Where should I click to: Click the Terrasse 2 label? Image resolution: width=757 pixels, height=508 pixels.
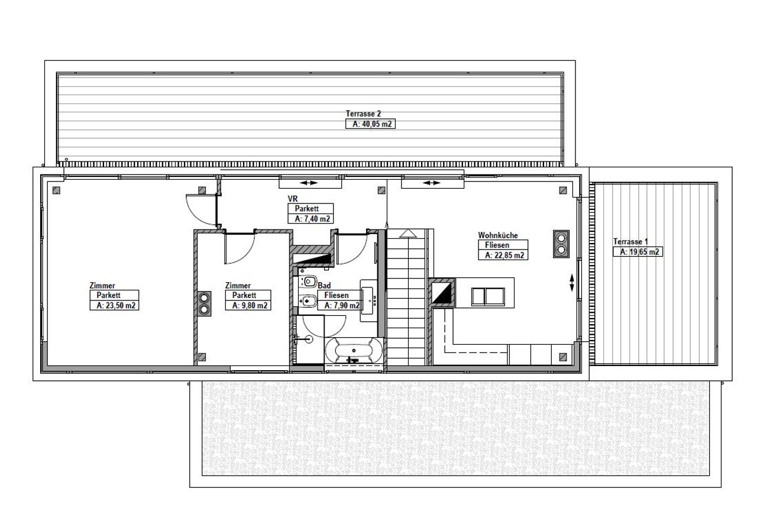tap(363, 114)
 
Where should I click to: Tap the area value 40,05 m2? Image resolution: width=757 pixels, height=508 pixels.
tap(372, 124)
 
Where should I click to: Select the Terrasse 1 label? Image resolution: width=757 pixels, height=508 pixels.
tap(630, 241)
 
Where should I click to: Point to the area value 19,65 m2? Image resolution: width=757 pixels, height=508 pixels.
tap(639, 252)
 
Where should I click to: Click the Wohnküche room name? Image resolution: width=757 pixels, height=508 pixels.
tap(497, 235)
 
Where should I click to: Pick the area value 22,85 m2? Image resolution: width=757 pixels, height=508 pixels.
tap(504, 255)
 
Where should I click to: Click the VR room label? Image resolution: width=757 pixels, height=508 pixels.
tap(293, 198)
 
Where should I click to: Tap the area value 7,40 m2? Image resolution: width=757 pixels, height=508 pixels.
tap(312, 219)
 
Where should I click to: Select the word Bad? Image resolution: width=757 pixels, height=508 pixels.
tap(324, 285)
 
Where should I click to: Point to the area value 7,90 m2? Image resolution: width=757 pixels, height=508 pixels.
tap(342, 306)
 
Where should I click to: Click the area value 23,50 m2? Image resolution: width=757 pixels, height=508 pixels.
tap(115, 306)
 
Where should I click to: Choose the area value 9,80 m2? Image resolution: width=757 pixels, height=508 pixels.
tap(250, 306)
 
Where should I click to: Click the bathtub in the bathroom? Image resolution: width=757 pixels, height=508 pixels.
tap(354, 351)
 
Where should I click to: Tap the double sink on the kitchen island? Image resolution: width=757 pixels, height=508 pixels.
tap(488, 297)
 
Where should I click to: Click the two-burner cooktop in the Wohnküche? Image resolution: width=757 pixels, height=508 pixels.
tap(561, 244)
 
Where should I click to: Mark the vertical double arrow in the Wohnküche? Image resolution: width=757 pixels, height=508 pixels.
tap(571, 283)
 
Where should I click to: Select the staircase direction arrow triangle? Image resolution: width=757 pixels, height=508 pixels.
tap(408, 234)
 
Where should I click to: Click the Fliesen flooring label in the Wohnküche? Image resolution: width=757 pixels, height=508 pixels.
tap(497, 245)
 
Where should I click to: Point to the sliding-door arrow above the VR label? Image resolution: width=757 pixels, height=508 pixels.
tap(309, 183)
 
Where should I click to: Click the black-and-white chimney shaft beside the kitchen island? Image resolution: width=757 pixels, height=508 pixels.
tap(442, 293)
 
